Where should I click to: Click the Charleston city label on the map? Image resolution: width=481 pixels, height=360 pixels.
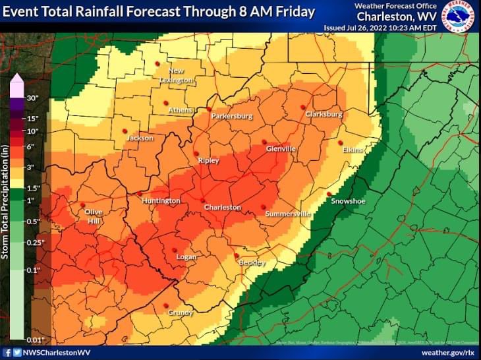[222, 208]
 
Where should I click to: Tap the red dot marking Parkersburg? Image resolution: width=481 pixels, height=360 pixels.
[208, 109]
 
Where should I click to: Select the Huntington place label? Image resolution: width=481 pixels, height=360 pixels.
[160, 201]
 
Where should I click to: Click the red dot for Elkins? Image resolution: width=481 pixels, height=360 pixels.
[341, 142]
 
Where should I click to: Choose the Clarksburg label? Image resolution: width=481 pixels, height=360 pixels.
[324, 115]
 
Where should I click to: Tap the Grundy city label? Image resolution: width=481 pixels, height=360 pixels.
[179, 313]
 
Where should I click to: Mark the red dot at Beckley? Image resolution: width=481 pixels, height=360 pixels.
[237, 256]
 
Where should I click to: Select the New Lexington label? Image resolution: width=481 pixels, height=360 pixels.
[176, 76]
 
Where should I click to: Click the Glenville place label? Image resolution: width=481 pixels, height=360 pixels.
[281, 149]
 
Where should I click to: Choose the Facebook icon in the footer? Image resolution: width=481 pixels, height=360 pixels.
[7, 353]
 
